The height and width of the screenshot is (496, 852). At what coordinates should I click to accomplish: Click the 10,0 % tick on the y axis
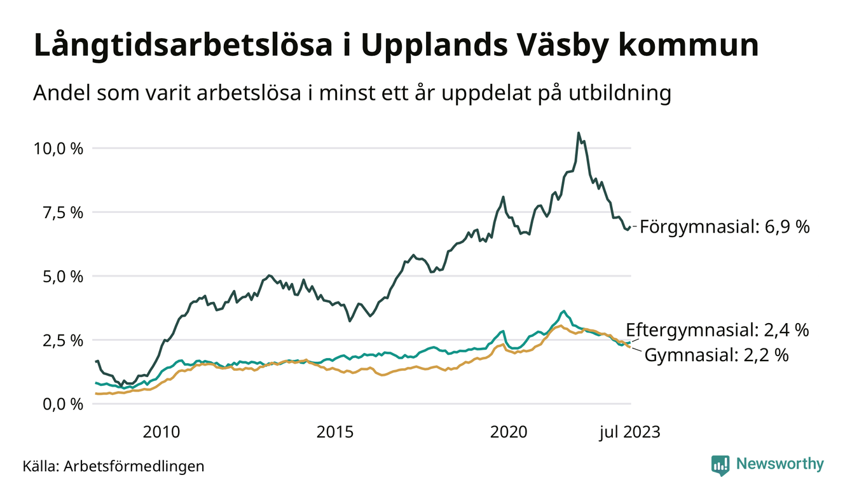point(58,148)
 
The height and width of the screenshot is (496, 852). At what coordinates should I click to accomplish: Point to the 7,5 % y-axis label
point(63,212)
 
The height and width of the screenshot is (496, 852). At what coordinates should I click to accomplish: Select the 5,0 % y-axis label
point(63,277)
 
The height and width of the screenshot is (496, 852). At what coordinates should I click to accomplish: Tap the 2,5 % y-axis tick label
point(63,340)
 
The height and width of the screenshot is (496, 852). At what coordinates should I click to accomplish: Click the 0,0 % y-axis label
point(63,404)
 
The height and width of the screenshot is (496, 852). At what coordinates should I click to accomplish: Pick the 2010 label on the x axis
point(161,432)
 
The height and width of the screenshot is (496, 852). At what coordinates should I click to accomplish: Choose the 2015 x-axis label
point(335,432)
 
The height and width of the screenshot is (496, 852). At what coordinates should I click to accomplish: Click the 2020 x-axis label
point(509,432)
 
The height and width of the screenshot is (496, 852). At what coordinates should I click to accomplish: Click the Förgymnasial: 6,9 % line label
point(725,226)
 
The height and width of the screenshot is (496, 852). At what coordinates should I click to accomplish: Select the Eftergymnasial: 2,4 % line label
point(717,330)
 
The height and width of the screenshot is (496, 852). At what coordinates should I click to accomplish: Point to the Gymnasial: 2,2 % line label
point(717,355)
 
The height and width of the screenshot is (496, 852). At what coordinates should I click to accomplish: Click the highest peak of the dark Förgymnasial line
point(578,133)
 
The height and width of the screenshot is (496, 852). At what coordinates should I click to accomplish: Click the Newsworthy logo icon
point(720,465)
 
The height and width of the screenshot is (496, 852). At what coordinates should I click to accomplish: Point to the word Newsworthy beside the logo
point(780,464)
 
